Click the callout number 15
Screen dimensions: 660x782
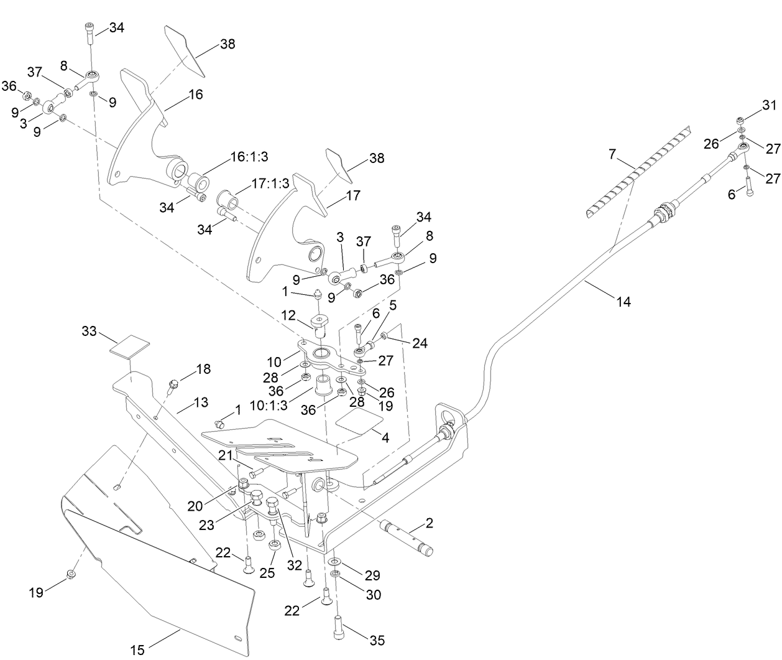[x=137, y=650]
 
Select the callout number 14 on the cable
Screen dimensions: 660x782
[x=623, y=302]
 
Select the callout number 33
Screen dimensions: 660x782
[x=90, y=331]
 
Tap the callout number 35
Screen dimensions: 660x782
[x=377, y=640]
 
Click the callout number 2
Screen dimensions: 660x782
[x=429, y=523]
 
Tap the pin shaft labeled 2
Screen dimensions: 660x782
[x=405, y=536]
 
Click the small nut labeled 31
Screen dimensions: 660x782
[x=742, y=120]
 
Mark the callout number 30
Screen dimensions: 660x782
[x=373, y=594]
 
